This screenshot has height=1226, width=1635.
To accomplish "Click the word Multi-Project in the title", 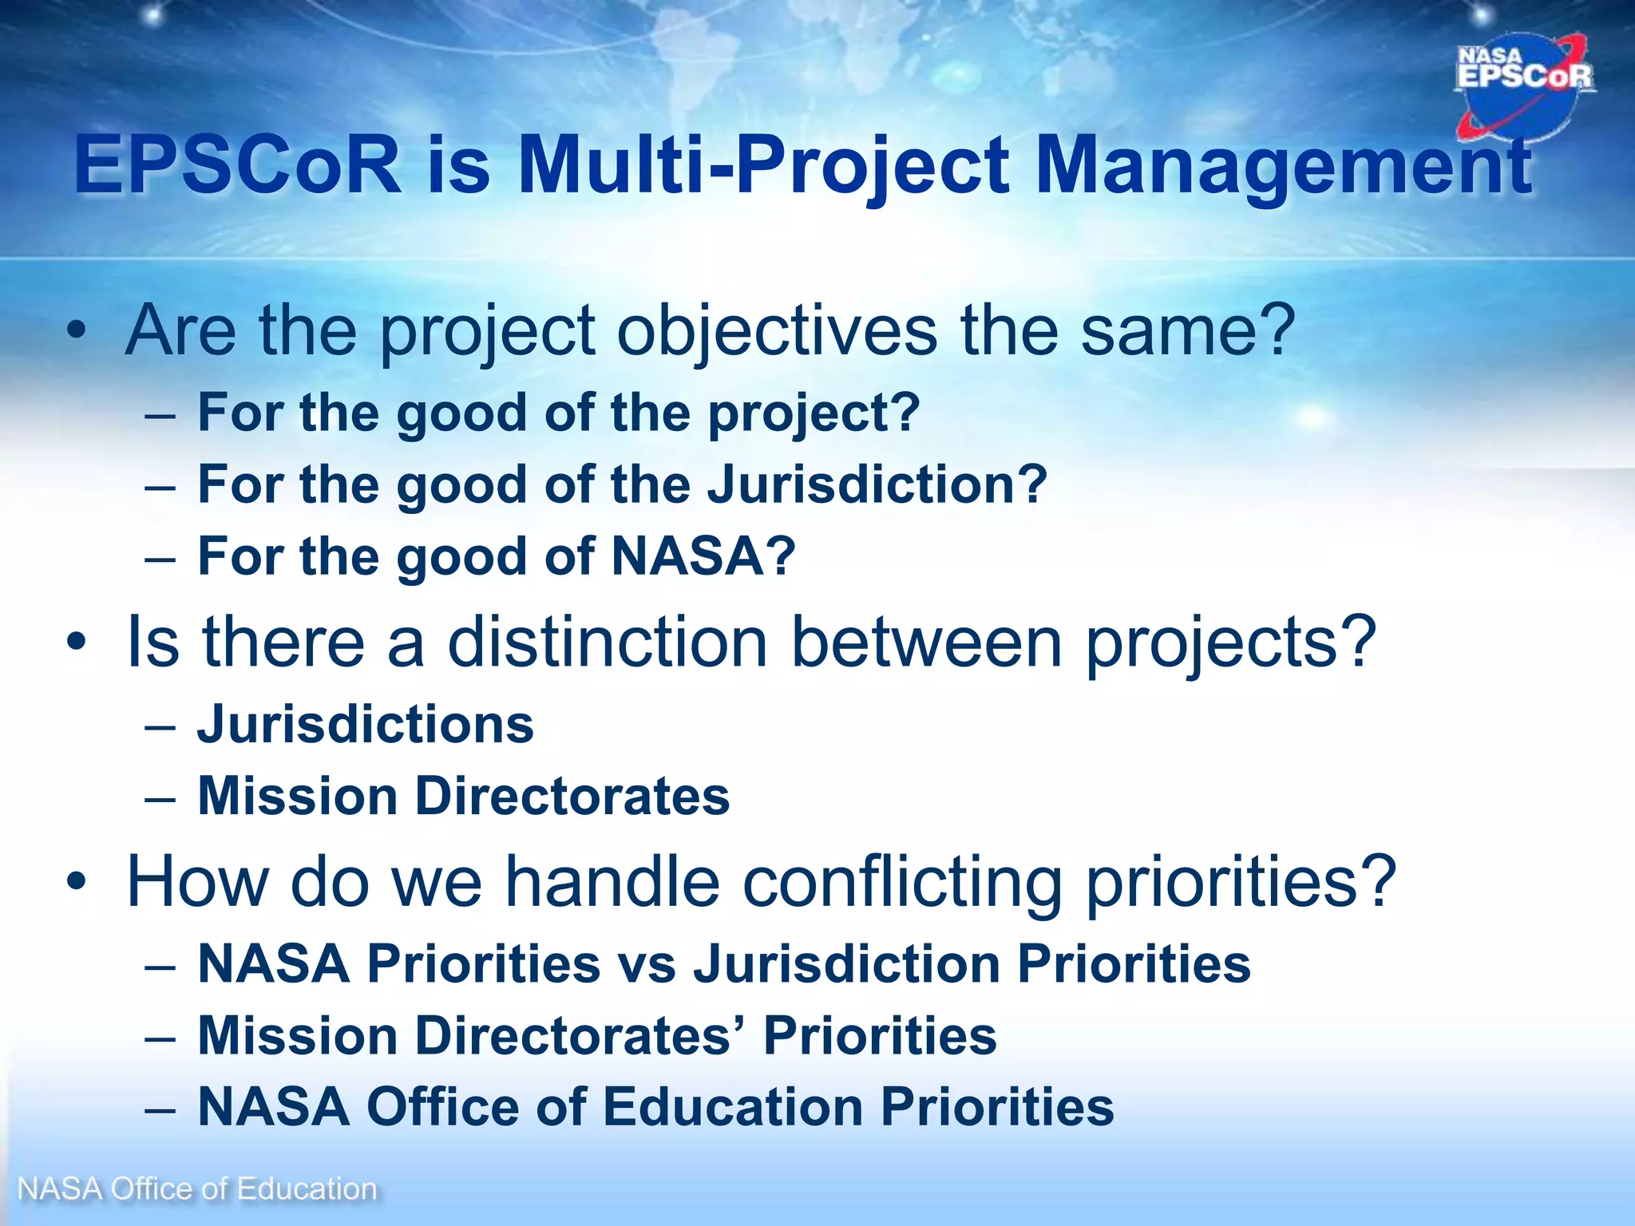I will coord(762,165).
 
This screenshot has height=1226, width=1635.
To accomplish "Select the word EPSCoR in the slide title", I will coord(238,165).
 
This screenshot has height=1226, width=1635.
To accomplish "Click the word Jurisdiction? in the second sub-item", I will coord(877,484).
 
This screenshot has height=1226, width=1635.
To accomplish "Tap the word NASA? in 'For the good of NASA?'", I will coord(703,556).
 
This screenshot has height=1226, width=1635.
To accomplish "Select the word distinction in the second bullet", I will coord(607,642).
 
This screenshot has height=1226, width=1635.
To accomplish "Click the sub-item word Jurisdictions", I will coord(365,725).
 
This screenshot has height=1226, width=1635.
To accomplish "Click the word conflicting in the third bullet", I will coord(902,881).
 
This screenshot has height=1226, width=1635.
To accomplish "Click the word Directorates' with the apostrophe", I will coord(578,1036).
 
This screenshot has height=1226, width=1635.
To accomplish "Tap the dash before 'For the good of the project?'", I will coord(160,416).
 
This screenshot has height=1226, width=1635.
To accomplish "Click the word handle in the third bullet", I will coord(612,881).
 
